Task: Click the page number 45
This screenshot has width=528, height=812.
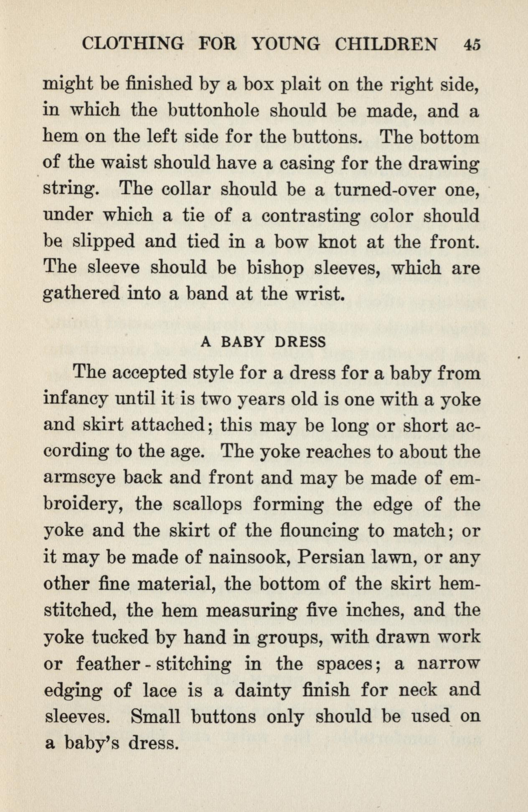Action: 472,44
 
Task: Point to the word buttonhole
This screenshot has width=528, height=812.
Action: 215,112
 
